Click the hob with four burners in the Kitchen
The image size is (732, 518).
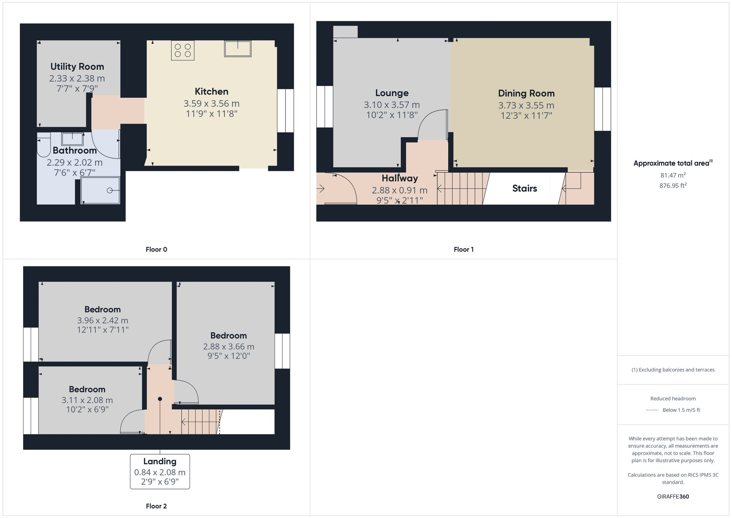(183, 51)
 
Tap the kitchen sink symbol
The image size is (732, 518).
(238, 49)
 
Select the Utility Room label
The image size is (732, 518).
(77, 67)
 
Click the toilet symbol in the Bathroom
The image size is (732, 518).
(43, 145)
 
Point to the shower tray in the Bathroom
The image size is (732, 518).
(100, 190)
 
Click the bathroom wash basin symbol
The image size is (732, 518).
(72, 139)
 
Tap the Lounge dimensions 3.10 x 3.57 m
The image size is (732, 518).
(392, 105)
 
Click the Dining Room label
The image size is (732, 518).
(526, 93)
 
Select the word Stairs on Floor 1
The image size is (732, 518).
(524, 189)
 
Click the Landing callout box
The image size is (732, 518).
(160, 472)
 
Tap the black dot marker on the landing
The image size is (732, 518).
(160, 399)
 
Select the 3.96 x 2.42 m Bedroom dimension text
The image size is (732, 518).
(102, 320)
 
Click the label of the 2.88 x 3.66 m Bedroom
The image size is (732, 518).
(228, 336)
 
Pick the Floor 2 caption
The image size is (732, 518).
(156, 506)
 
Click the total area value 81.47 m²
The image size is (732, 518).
(673, 175)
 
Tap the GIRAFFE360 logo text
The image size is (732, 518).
(673, 497)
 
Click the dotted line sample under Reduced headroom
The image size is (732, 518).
(652, 410)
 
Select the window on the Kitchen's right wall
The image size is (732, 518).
(285, 111)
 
